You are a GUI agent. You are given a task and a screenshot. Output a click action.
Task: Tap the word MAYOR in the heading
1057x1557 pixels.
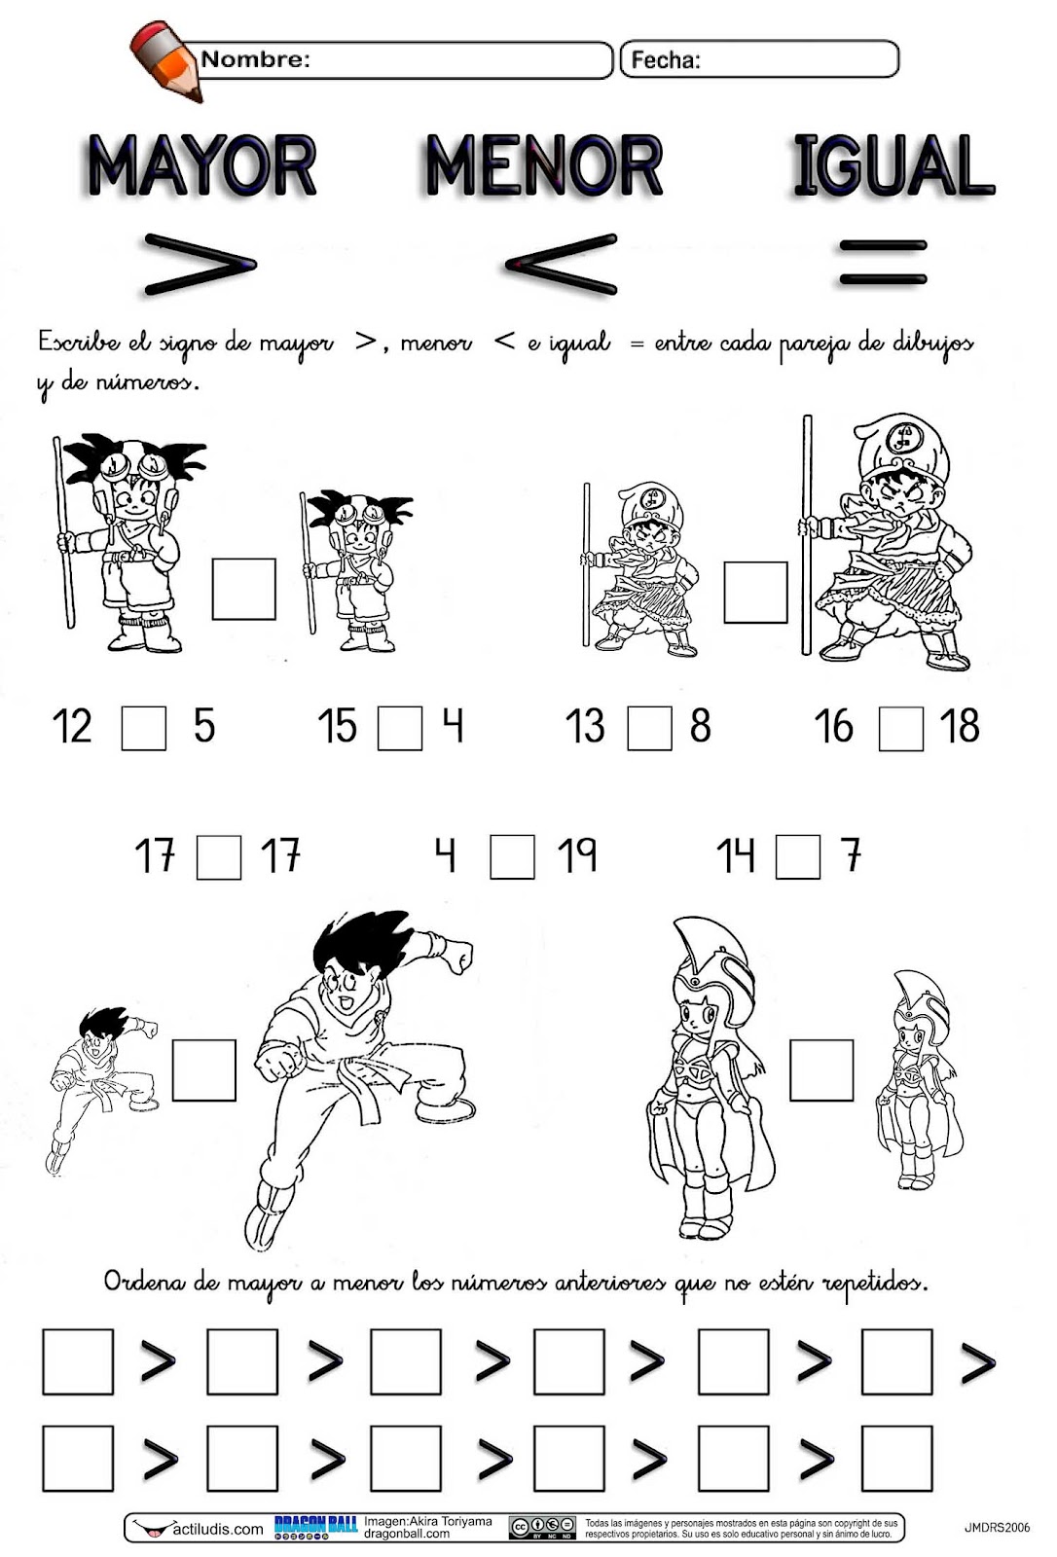pyautogui.click(x=202, y=165)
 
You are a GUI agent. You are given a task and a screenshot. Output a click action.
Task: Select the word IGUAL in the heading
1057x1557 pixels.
pyautogui.click(x=894, y=164)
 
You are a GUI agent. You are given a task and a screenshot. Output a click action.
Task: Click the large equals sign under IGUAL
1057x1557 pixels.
pyautogui.click(x=883, y=263)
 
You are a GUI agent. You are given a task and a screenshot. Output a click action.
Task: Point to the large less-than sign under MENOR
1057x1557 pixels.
pyautogui.click(x=562, y=264)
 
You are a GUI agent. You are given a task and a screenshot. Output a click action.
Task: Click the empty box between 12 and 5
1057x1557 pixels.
pyautogui.click(x=144, y=728)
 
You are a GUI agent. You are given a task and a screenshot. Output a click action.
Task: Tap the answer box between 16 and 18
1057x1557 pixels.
pyautogui.click(x=901, y=729)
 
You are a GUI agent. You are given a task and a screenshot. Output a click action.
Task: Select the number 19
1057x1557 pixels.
pyautogui.click(x=577, y=854)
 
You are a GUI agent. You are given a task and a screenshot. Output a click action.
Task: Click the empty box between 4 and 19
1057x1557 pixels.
pyautogui.click(x=513, y=857)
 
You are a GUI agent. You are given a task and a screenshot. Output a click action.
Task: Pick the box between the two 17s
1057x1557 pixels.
pyautogui.click(x=219, y=857)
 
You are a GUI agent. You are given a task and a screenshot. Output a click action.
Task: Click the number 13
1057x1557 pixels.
pyautogui.click(x=585, y=726)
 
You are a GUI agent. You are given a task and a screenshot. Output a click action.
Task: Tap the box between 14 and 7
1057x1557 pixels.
pyautogui.click(x=798, y=857)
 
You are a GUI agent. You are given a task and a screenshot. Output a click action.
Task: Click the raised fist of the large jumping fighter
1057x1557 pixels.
pyautogui.click(x=456, y=955)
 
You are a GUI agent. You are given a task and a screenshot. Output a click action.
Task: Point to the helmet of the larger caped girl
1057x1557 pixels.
pyautogui.click(x=713, y=955)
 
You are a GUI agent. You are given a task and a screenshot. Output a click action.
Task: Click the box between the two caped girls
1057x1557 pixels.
pyautogui.click(x=821, y=1069)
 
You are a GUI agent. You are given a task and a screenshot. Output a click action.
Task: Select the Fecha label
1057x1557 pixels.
pyautogui.click(x=666, y=60)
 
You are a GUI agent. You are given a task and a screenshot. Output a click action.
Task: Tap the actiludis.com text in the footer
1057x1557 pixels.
pyautogui.click(x=218, y=1529)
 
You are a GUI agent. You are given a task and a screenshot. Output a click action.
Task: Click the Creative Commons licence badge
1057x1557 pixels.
pyautogui.click(x=542, y=1527)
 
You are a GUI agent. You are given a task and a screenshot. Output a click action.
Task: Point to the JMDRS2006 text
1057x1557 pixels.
pyautogui.click(x=998, y=1527)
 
